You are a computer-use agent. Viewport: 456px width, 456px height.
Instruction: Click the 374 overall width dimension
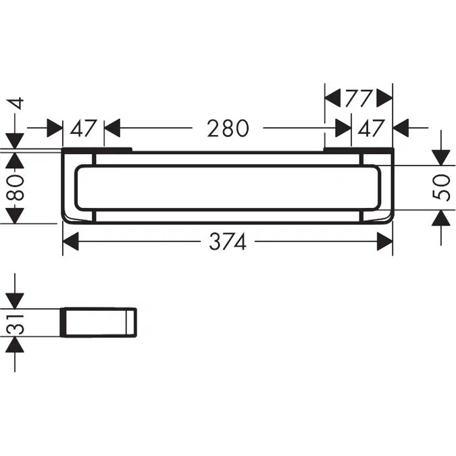[228, 241]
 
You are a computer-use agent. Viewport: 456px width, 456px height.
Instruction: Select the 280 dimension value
[228, 128]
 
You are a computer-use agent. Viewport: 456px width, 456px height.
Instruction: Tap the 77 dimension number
[359, 99]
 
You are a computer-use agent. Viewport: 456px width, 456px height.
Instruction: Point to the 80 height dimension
[15, 188]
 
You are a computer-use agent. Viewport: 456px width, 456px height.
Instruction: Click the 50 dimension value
[441, 188]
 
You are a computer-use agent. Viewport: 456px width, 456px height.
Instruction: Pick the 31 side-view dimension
[15, 323]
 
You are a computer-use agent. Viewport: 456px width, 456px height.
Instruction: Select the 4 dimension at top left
[16, 104]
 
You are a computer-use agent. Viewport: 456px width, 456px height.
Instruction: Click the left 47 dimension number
[83, 128]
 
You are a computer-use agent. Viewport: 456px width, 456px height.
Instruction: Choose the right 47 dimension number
[371, 128]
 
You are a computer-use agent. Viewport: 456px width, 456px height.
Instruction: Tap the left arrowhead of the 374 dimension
[71, 241]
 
